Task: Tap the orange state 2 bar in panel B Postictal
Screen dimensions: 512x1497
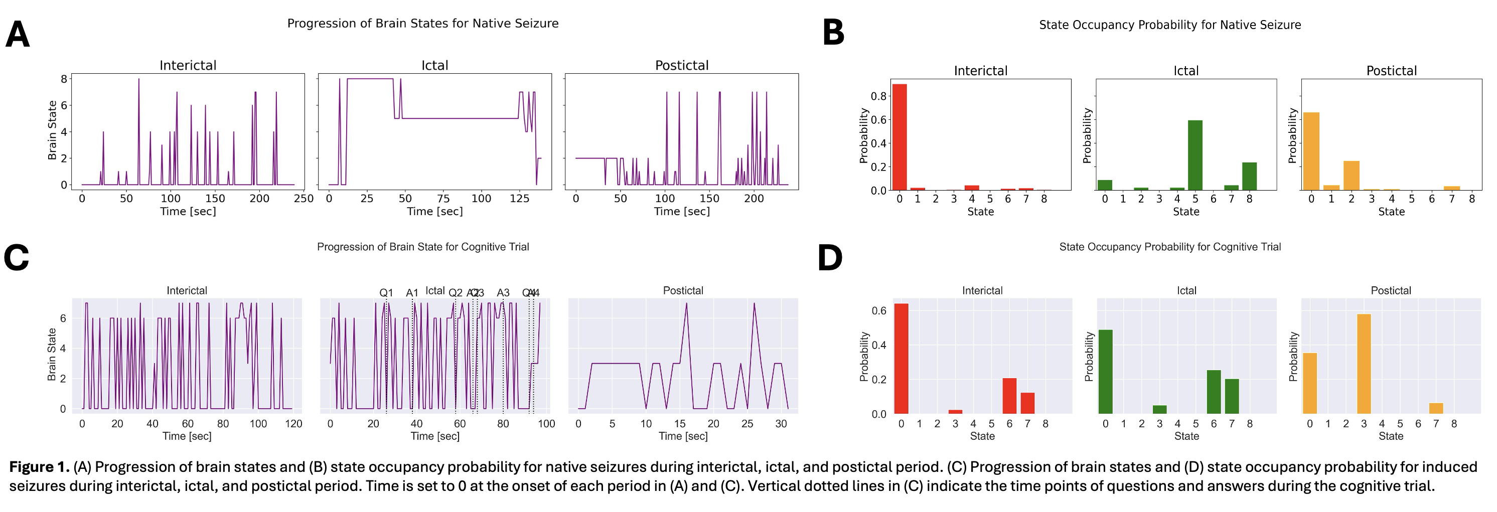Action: (1351, 176)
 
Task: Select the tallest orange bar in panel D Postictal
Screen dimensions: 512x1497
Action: (1364, 364)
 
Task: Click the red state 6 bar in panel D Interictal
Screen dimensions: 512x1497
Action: (1009, 396)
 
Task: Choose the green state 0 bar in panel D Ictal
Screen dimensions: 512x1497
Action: (1105, 372)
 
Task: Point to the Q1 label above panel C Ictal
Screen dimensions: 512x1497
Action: (386, 293)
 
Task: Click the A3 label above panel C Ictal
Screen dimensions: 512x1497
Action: (503, 293)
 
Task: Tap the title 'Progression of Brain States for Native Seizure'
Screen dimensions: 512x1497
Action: (422, 23)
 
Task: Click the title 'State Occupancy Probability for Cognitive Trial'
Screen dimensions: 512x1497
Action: (1170, 247)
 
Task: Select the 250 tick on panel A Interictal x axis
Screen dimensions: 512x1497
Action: (304, 199)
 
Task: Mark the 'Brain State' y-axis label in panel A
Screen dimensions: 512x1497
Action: (52, 130)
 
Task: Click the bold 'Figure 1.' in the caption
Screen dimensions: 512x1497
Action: (39, 467)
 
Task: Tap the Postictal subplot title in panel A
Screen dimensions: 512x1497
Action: (682, 65)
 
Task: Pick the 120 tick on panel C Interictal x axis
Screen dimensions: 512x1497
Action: (293, 424)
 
